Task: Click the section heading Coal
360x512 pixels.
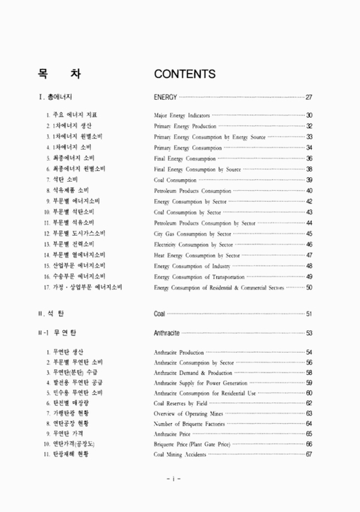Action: pyautogui.click(x=160, y=314)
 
